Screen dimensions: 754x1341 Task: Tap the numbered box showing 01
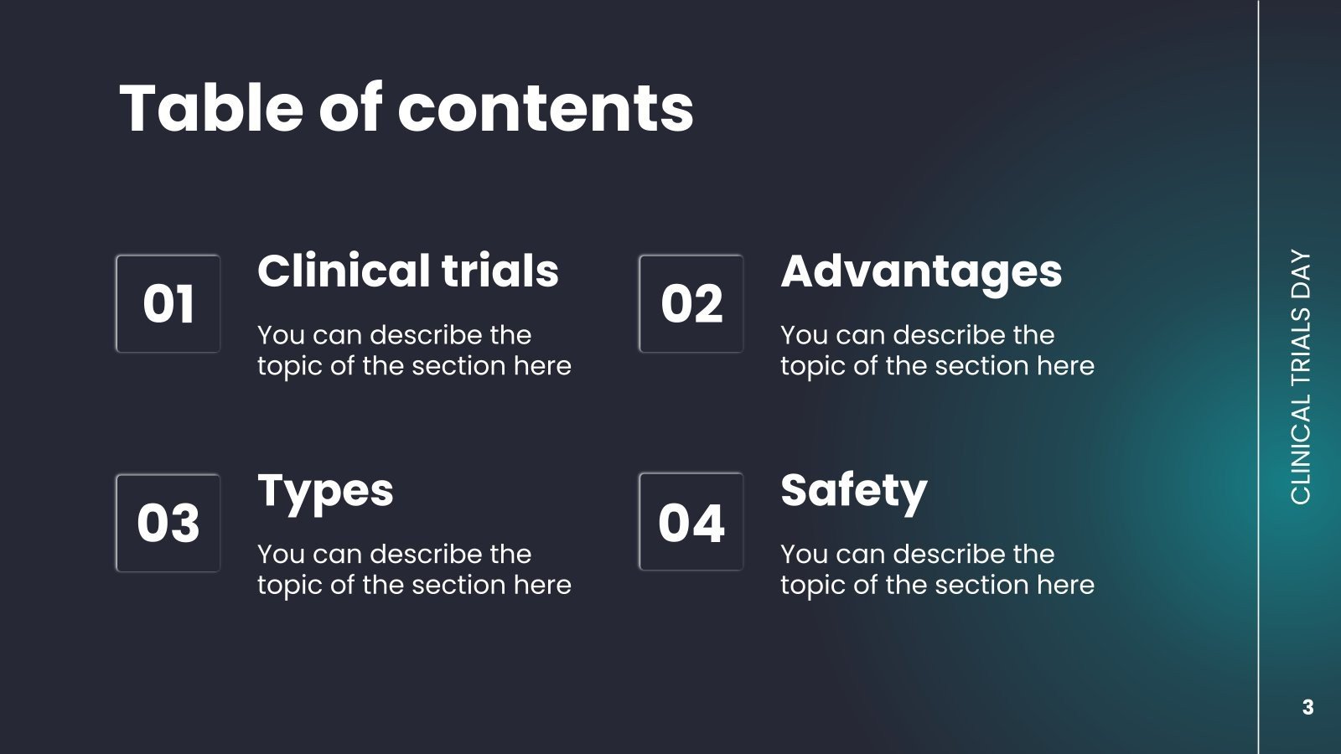coord(168,304)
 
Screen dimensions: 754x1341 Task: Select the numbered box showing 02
coord(691,304)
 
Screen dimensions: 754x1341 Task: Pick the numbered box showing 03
coord(168,523)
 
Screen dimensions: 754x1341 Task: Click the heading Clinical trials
coord(407,271)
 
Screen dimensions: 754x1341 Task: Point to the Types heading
coord(325,492)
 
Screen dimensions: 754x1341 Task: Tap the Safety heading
coord(853,492)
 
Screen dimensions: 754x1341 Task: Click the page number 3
coord(1307,707)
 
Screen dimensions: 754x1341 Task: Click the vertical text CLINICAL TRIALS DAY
coord(1300,377)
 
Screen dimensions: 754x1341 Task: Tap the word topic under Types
coord(290,586)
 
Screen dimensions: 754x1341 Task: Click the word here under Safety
coord(1065,585)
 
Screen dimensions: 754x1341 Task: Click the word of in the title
coord(349,109)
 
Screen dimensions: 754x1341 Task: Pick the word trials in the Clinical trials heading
coord(500,271)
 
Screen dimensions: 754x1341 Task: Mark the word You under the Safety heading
coord(804,554)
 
